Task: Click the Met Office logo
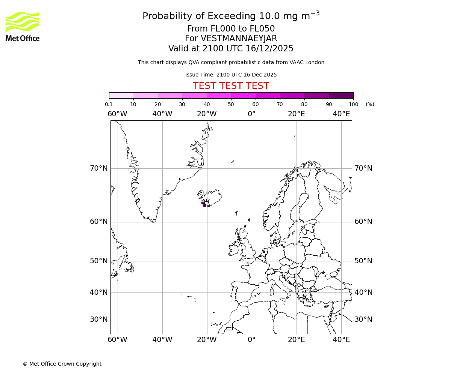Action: (x=23, y=26)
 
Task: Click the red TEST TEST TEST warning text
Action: (x=231, y=86)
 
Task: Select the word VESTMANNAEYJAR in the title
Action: (x=239, y=39)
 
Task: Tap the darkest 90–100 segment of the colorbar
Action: (x=341, y=95)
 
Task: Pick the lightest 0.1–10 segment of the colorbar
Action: (x=121, y=95)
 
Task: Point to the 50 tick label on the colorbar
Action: (x=231, y=104)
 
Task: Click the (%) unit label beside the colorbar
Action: (x=370, y=104)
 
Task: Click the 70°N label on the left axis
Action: (x=99, y=168)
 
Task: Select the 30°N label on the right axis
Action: (x=363, y=319)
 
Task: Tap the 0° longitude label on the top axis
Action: (x=251, y=114)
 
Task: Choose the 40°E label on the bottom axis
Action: (x=341, y=340)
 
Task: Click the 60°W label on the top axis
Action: (x=117, y=114)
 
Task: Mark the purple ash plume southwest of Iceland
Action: (x=203, y=203)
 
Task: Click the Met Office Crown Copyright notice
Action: (x=62, y=364)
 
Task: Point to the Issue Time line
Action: (x=231, y=75)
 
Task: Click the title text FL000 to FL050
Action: (x=231, y=29)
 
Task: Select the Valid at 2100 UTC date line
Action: (x=231, y=48)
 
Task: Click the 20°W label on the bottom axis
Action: (x=207, y=340)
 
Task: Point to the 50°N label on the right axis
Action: (x=363, y=261)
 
